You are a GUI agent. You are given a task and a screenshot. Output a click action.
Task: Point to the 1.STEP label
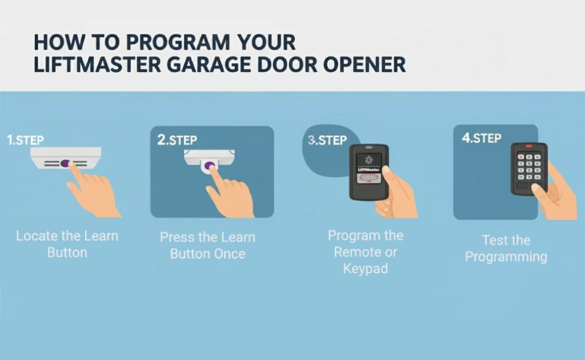(x=25, y=140)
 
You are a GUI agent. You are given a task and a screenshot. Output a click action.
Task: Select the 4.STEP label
(x=482, y=138)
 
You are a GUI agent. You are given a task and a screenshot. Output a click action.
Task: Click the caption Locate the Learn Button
(x=67, y=244)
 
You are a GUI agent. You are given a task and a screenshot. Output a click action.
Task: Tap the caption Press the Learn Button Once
(x=207, y=245)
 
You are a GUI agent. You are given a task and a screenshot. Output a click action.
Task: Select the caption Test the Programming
(x=506, y=248)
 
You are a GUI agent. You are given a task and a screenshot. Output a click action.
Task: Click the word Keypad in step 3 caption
(x=366, y=268)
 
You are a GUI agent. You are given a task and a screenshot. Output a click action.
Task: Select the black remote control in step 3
(x=368, y=171)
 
